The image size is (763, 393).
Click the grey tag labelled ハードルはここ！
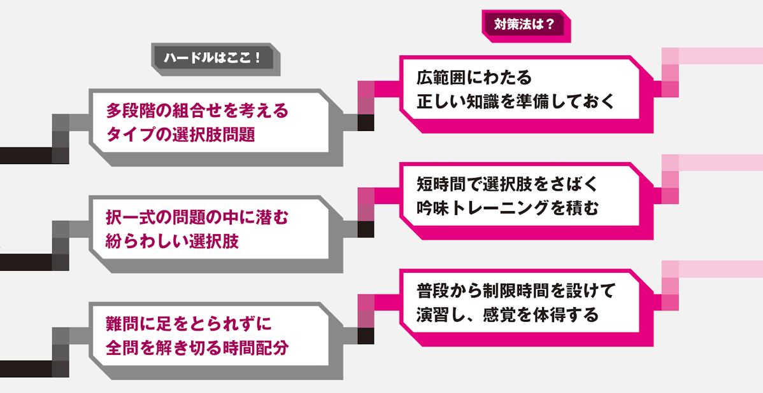(213, 58)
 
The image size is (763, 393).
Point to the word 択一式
(131, 217)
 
